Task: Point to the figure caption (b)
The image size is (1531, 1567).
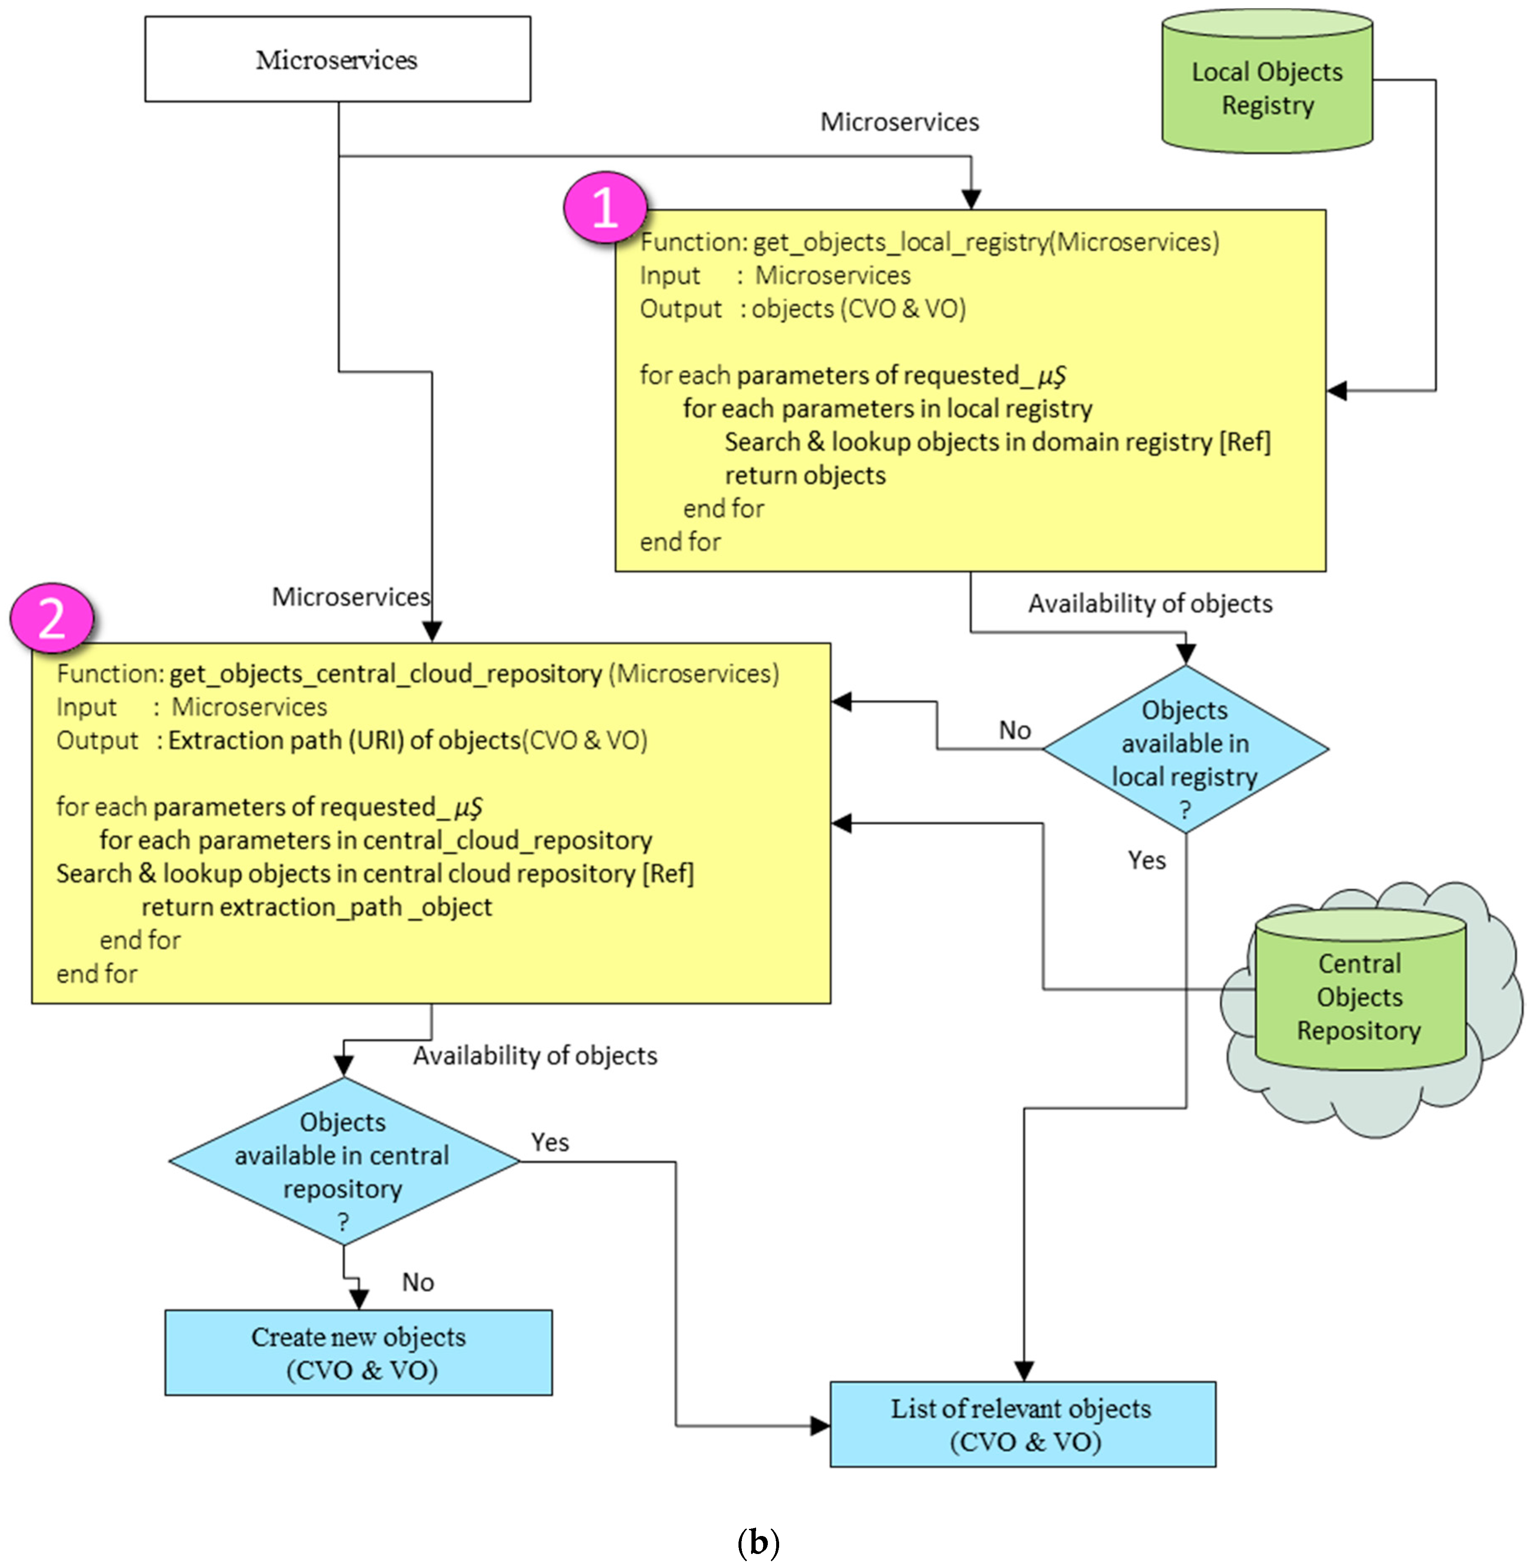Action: click(757, 1541)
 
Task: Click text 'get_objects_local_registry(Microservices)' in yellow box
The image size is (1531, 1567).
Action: click(985, 242)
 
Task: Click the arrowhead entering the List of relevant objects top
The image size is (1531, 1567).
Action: click(1024, 1371)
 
